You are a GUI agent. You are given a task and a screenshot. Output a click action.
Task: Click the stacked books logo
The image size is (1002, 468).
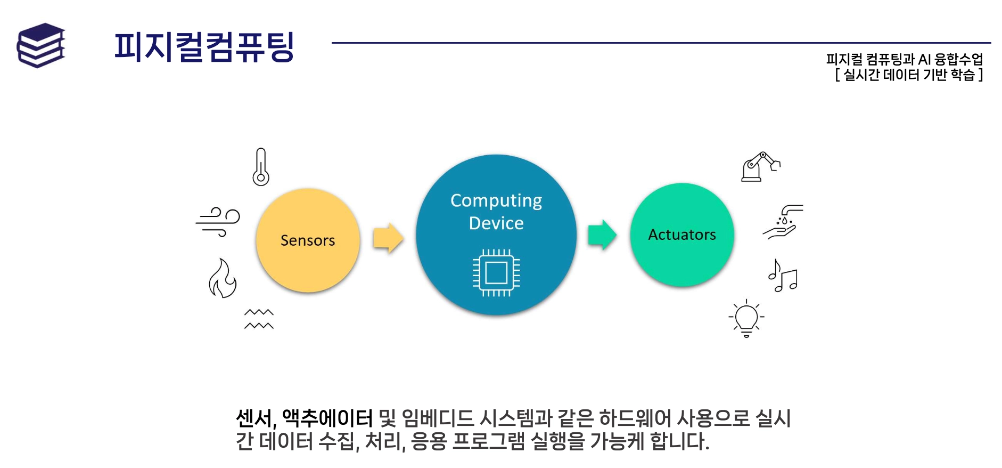[41, 45]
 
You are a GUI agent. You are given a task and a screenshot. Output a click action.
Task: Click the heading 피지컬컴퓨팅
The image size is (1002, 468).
[204, 47]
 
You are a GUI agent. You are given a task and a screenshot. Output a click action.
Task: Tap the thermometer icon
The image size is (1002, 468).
[260, 167]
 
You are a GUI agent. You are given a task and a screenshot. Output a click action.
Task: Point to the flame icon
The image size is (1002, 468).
[223, 278]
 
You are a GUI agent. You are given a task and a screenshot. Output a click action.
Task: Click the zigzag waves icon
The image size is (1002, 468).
[259, 319]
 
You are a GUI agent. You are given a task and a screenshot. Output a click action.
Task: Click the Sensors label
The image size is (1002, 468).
[308, 240]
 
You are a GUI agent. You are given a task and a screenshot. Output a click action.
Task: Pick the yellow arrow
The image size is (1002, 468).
[388, 238]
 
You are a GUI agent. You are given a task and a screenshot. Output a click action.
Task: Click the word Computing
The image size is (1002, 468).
[496, 200]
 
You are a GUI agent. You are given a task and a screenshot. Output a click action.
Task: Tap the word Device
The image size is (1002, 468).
[496, 223]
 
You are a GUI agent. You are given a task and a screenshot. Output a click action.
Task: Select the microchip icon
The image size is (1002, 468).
[496, 273]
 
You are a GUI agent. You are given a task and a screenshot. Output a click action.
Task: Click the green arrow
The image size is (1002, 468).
[602, 235]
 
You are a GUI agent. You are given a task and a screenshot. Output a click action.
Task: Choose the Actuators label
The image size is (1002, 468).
[681, 235]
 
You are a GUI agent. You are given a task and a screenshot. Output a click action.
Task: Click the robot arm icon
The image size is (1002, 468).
[760, 167]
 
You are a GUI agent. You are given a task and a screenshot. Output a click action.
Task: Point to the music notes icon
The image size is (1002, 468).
[783, 276]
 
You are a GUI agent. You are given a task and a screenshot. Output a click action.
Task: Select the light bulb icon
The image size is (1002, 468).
[746, 318]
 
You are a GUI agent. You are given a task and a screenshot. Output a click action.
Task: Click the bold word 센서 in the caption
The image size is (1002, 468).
[254, 418]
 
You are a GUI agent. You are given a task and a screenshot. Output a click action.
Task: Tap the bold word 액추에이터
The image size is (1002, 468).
[327, 418]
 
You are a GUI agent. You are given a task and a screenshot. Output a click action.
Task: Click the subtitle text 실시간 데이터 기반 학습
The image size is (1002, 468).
[909, 75]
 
